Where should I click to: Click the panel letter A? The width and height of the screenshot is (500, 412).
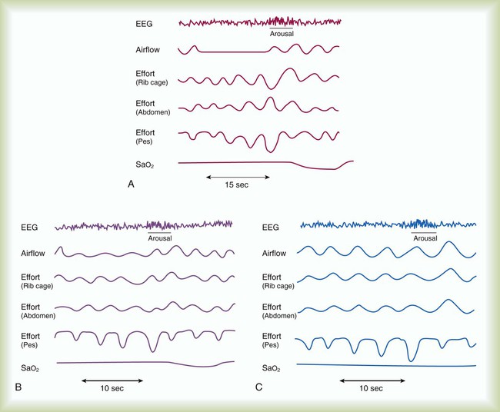pyautogui.click(x=132, y=184)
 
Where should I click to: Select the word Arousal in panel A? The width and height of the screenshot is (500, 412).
pyautogui.click(x=282, y=34)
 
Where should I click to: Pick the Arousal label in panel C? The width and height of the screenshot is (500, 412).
pyautogui.click(x=425, y=238)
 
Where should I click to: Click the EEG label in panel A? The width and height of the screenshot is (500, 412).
pyautogui.click(x=143, y=24)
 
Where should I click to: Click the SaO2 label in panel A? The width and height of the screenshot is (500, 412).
pyautogui.click(x=145, y=163)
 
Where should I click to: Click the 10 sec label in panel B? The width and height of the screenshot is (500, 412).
pyautogui.click(x=112, y=389)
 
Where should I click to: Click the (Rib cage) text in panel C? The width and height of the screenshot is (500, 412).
pyautogui.click(x=278, y=286)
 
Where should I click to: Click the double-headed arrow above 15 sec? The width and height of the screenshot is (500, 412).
pyautogui.click(x=238, y=177)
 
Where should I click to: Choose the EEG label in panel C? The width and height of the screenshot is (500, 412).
pyautogui.click(x=271, y=227)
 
